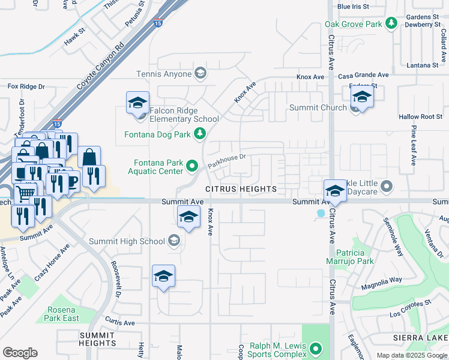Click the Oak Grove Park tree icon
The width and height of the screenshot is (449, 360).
point(391,23)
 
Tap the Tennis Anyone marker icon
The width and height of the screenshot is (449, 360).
point(200,74)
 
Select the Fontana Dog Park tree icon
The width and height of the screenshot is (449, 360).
point(200,134)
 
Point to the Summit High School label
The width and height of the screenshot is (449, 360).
point(127,241)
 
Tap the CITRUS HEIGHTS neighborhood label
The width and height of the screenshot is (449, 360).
point(241,189)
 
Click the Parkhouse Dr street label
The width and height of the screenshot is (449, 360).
point(227,160)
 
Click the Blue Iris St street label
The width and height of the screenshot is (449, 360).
point(353,7)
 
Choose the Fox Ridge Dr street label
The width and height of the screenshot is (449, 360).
point(26,86)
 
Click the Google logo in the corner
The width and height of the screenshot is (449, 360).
point(20,353)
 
